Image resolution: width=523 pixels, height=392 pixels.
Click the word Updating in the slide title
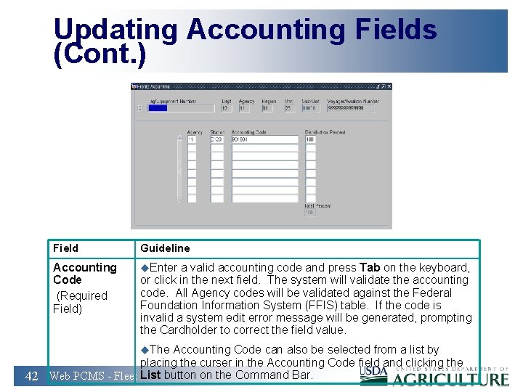click(x=115, y=30)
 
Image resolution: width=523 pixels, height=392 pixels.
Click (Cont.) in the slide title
click(x=100, y=55)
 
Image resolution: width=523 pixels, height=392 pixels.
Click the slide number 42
click(x=31, y=376)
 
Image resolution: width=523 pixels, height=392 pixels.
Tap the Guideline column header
click(x=165, y=248)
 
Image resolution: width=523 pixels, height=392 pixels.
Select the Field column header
click(x=65, y=248)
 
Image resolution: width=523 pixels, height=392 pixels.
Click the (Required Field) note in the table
click(x=80, y=302)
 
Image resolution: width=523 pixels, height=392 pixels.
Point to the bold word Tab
click(x=370, y=268)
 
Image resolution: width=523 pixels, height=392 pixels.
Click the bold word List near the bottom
click(x=150, y=375)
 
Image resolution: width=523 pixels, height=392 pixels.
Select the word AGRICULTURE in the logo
click(x=450, y=378)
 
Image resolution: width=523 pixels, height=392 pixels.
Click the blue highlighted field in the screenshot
click(x=158, y=108)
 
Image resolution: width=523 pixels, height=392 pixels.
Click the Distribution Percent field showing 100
click(x=310, y=139)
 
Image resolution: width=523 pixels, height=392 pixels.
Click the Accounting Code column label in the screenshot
click(x=248, y=132)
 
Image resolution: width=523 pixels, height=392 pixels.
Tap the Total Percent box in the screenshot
click(x=309, y=213)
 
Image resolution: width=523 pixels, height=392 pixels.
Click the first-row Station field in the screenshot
click(x=216, y=139)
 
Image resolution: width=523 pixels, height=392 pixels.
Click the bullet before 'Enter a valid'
click(x=144, y=268)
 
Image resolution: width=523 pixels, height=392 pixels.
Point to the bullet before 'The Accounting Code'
click(x=144, y=350)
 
